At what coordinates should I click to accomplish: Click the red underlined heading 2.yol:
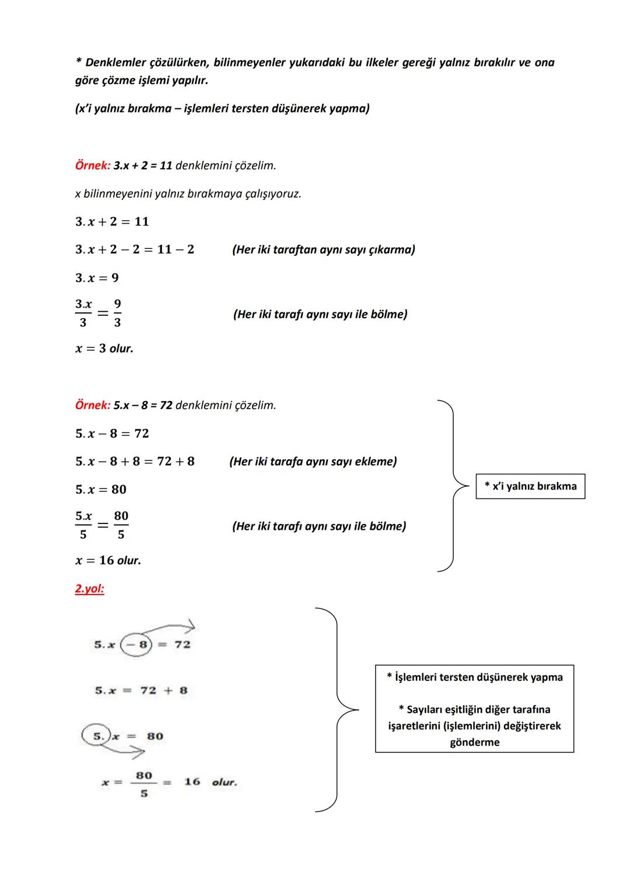(x=89, y=589)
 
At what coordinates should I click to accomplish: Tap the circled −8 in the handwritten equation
(x=136, y=645)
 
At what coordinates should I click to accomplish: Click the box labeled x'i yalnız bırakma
(x=530, y=486)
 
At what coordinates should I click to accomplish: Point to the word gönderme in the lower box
(x=474, y=742)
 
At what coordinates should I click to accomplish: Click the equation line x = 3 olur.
(x=104, y=349)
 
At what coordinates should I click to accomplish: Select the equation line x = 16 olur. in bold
(x=108, y=561)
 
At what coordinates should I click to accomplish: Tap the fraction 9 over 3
(x=117, y=313)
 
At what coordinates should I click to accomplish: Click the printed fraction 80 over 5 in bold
(x=121, y=525)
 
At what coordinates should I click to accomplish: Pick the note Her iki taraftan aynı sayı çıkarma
(x=323, y=249)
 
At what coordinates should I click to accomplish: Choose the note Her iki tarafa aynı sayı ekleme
(x=313, y=462)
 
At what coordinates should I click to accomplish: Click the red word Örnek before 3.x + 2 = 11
(x=92, y=166)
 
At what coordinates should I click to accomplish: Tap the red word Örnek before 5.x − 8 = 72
(x=92, y=405)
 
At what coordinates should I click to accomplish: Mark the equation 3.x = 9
(x=97, y=278)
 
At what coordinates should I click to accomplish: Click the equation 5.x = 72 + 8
(x=141, y=691)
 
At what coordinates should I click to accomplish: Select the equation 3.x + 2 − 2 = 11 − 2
(x=135, y=249)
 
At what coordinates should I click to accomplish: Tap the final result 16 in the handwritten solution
(x=192, y=782)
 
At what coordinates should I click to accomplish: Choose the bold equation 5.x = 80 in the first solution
(x=101, y=490)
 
